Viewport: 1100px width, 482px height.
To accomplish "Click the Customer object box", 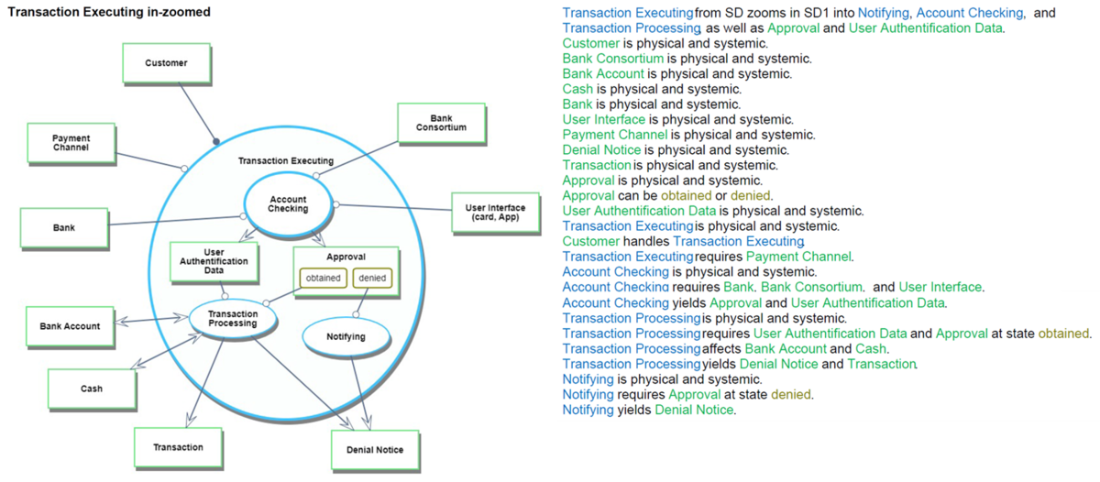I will coord(166,63).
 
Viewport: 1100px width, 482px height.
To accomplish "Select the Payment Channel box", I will coord(71,142).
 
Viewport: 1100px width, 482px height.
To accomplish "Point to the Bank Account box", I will coord(70,326).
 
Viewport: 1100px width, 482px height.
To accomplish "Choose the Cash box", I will coord(92,389).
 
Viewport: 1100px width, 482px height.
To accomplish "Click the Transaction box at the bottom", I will coord(178,447).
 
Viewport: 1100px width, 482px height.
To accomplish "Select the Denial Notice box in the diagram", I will coord(374,450).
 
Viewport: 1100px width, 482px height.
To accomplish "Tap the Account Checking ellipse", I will coord(288,204).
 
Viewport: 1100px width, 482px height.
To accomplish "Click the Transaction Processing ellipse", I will coord(233,318).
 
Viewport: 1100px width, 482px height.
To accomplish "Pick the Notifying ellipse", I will coord(346,337).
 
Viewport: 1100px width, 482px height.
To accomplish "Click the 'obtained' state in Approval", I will coord(323,278).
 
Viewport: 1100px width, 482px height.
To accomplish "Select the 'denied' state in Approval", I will coord(372,278).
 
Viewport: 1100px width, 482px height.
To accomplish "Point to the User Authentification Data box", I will coord(214,261).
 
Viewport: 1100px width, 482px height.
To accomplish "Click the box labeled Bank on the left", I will coord(63,227).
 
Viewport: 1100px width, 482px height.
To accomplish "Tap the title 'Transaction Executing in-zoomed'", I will coord(109,12).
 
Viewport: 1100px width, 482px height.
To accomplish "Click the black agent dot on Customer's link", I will coord(216,141).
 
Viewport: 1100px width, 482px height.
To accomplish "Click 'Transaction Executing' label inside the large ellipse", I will coord(286,160).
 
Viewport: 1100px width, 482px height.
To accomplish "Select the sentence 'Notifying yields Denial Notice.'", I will coord(648,410).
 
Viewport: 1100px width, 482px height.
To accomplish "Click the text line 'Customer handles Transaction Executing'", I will coord(684,241).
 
